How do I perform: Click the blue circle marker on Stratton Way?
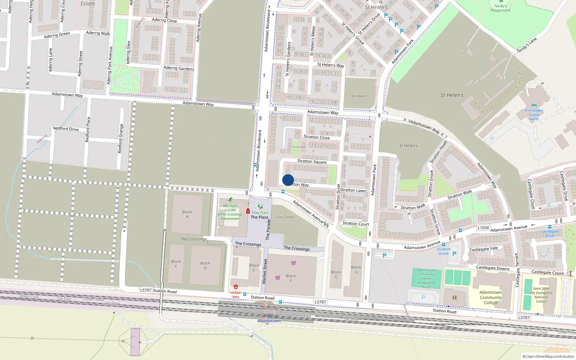point(288,180)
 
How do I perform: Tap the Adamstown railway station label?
point(269,321)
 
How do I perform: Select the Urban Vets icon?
point(236,287)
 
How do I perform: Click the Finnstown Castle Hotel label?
point(534,115)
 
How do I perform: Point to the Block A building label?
point(187,214)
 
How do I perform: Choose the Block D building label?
point(205,265)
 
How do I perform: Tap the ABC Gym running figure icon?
point(230,199)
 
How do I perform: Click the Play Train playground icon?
point(260,207)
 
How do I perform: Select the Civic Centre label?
point(285,217)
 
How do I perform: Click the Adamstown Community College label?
point(491,297)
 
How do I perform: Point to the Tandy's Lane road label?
point(526,45)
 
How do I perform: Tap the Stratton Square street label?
point(312,161)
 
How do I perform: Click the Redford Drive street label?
point(66,129)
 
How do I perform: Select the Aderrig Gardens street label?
point(179,68)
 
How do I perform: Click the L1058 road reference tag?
point(483,228)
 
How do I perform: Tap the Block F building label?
point(291,278)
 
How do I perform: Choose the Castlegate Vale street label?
point(483,249)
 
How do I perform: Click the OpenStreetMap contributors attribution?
point(548,356)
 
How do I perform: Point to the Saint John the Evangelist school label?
point(541,295)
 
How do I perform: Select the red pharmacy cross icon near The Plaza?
point(248,211)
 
